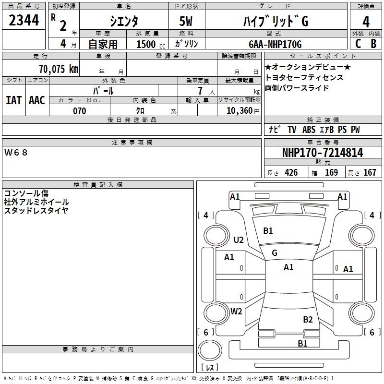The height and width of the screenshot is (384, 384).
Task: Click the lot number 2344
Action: click(x=24, y=21)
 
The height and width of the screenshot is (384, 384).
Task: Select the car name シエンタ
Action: click(x=124, y=22)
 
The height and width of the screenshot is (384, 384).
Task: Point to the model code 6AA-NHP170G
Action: click(x=275, y=44)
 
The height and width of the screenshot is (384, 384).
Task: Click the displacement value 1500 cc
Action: click(x=149, y=44)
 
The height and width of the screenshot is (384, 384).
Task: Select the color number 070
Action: click(x=80, y=111)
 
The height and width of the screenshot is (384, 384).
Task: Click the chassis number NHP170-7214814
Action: click(x=323, y=153)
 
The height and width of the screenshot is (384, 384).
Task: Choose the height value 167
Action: click(x=370, y=173)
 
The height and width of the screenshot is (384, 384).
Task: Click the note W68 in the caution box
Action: click(x=16, y=153)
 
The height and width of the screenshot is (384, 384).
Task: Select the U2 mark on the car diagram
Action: click(x=238, y=240)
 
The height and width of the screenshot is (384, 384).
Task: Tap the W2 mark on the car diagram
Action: click(x=236, y=312)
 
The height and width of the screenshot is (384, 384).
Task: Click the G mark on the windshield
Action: click(x=275, y=253)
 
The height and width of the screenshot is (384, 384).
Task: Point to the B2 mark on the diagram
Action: click(x=308, y=320)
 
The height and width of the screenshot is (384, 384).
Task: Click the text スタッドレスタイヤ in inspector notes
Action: click(x=36, y=210)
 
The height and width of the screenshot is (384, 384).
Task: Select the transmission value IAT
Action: click(x=13, y=100)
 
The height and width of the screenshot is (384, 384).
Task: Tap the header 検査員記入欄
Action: click(x=98, y=184)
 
